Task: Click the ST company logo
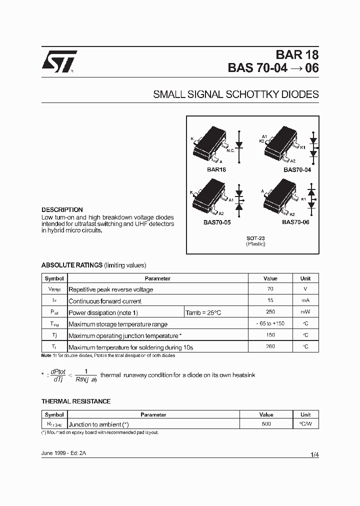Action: coord(59,61)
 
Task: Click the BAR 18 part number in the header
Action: coord(296,55)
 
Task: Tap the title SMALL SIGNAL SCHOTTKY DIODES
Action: coord(235,94)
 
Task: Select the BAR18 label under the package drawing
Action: coord(216,169)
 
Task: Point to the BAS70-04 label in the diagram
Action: coord(297,169)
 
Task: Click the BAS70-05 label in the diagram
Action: coord(217,222)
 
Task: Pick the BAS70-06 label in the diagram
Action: coord(295,222)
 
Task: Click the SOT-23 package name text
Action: coord(255,238)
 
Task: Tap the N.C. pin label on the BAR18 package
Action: coord(230,150)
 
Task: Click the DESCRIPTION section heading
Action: coord(62,210)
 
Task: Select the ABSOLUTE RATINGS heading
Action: coord(72,265)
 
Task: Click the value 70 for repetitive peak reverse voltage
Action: coord(270,289)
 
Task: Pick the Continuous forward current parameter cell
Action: coord(105,301)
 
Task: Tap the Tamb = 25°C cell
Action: coord(203,312)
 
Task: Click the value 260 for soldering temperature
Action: coord(270,346)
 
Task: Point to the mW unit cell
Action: coord(305,312)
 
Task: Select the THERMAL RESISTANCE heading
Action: coord(76,401)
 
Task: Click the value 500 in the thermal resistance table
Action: coord(266,423)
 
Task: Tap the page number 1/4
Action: coord(314,454)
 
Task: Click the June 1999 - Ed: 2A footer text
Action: coord(63,452)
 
